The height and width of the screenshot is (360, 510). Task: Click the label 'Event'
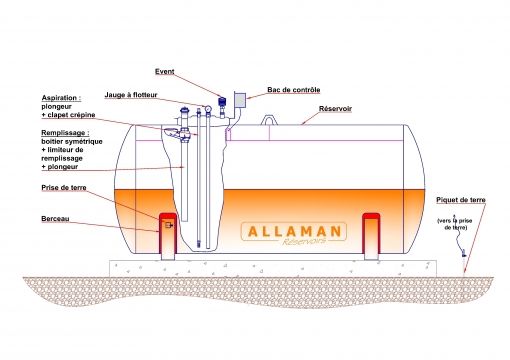pos(166,72)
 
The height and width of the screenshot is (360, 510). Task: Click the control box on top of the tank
pos(240,100)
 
